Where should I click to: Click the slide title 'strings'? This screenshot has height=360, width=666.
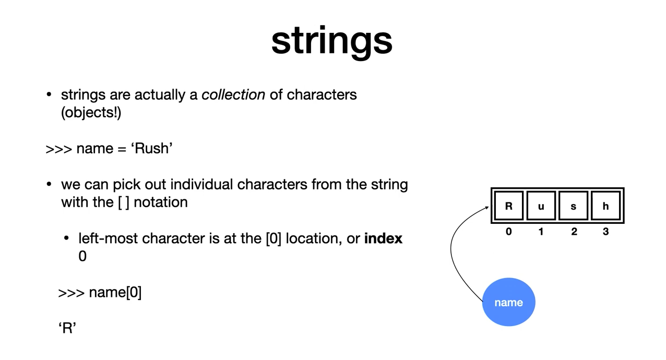332,41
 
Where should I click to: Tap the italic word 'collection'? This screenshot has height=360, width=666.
233,95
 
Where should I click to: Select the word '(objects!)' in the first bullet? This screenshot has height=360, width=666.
91,113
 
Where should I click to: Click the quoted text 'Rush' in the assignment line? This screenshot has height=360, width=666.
152,148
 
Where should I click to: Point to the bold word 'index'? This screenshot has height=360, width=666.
383,238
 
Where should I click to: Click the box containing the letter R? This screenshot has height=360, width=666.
509,206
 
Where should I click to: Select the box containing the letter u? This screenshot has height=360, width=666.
541,206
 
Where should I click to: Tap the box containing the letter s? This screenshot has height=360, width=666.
573,206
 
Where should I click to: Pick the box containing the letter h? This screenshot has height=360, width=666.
605,206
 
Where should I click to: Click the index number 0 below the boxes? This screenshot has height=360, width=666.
509,231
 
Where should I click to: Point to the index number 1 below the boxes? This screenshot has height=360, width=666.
541,231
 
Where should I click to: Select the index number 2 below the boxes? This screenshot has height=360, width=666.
574,231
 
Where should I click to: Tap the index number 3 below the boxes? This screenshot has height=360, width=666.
605,231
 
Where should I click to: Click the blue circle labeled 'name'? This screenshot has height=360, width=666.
509,302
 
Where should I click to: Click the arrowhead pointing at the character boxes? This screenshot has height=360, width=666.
487,207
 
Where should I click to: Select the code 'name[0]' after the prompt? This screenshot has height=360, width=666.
115,293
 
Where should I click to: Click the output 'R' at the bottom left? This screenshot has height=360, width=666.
67,328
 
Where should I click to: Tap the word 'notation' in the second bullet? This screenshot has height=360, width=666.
161,202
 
